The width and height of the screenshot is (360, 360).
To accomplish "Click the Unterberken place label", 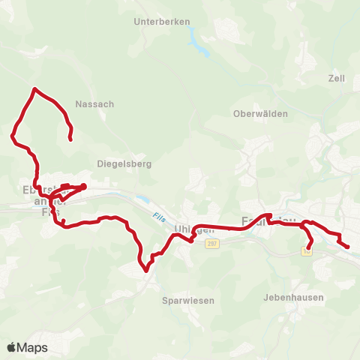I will pyautogui.click(x=161, y=22).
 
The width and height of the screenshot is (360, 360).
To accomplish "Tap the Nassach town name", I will pyautogui.click(x=95, y=104).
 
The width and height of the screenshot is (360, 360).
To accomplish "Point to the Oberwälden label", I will pyautogui.click(x=256, y=114).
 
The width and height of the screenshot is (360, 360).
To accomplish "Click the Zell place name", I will pyautogui.click(x=335, y=78).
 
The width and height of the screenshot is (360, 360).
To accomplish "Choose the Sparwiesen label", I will pyautogui.click(x=188, y=300).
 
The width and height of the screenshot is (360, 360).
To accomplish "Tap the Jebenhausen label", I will pyautogui.click(x=294, y=297).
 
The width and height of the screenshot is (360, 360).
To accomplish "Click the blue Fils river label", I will pyautogui.click(x=157, y=217).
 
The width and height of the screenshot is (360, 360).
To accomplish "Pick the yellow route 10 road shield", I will pyautogui.click(x=307, y=253).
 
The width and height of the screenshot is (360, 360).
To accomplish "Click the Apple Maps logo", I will pyautogui.click(x=27, y=347).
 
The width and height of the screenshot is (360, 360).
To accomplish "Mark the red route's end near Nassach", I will pyautogui.click(x=70, y=139).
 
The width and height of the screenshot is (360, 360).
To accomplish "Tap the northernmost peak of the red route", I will pyautogui.click(x=34, y=89).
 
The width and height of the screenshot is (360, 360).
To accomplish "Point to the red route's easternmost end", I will pyautogui.click(x=348, y=247).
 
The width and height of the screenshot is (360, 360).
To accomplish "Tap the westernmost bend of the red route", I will pyautogui.click(x=12, y=136).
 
